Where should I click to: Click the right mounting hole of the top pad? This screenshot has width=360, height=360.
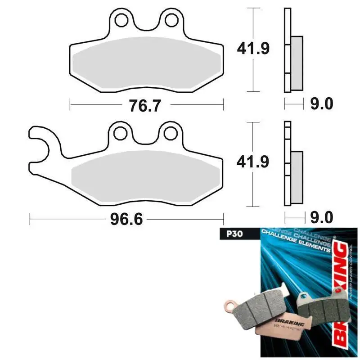tap(171, 20)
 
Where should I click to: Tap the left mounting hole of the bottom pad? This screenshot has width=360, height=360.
tap(121, 133)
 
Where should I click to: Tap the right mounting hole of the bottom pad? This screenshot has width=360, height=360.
tap(171, 133)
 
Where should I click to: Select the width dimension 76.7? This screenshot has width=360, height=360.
tap(145, 106)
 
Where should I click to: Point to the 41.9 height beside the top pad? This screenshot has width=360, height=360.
tap(253, 49)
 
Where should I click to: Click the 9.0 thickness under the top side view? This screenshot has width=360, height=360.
tap(322, 104)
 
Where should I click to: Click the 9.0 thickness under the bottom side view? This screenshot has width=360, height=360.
tap(322, 218)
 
